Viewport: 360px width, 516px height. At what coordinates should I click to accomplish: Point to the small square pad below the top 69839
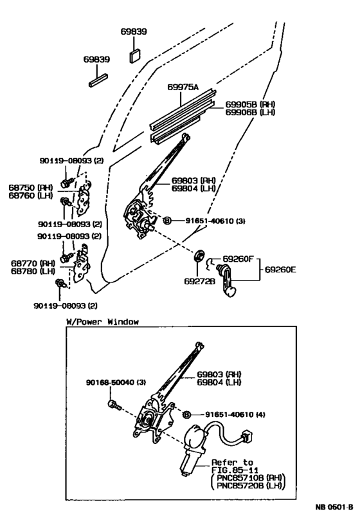pyautogui.click(x=135, y=54)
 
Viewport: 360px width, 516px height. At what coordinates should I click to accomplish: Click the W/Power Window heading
pyautogui.click(x=102, y=322)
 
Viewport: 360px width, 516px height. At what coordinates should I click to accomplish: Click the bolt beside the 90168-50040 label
pyautogui.click(x=113, y=405)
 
